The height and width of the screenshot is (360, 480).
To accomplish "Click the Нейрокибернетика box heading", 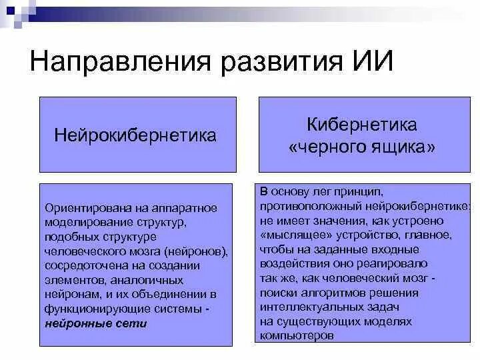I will point(135,136).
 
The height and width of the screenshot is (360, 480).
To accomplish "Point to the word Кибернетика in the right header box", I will point(362,125).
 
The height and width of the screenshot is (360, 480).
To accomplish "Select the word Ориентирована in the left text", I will point(83,208).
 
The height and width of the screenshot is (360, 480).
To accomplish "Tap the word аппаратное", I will point(184,208).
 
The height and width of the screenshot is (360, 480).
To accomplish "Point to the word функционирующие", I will point(93,309).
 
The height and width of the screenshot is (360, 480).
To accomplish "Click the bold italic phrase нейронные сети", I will point(96,324).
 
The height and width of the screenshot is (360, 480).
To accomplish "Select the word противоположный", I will point(302,206).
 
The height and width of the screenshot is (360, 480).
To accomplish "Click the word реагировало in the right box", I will point(389,263).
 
